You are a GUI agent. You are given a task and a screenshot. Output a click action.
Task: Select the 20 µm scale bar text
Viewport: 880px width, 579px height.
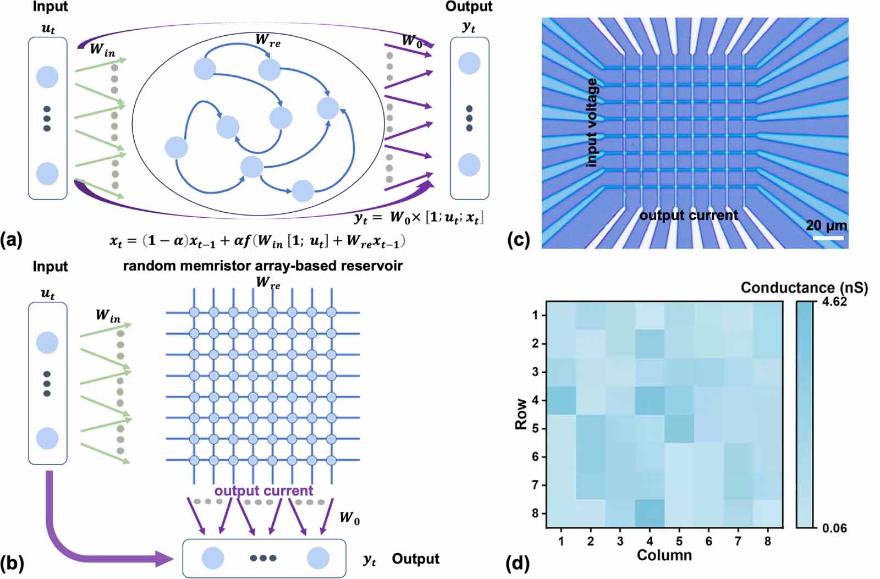pos(826,225)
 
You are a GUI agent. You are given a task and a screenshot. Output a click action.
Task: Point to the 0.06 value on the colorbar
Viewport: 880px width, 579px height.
pos(834,528)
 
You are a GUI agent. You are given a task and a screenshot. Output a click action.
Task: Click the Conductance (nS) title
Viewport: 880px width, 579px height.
pos(804,288)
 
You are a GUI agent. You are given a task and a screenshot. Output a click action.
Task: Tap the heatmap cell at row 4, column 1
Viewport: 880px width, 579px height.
pos(561,400)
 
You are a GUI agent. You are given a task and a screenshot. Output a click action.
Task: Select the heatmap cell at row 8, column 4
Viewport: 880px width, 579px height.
pos(650,514)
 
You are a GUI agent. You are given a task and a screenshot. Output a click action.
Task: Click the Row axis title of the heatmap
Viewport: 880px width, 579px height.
pos(521,414)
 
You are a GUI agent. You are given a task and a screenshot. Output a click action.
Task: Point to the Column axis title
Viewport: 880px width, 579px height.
pos(664,555)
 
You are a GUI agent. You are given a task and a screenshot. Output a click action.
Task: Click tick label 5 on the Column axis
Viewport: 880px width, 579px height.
pos(679,542)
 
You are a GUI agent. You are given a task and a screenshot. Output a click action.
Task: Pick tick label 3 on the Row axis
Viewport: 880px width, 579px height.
pos(536,372)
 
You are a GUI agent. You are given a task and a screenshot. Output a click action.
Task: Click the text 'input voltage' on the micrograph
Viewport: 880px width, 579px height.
pos(592,122)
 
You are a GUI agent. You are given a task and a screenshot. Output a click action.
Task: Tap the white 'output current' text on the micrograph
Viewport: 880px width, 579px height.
pos(689,216)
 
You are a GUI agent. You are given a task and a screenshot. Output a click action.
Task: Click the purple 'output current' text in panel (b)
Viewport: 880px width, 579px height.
pos(263,490)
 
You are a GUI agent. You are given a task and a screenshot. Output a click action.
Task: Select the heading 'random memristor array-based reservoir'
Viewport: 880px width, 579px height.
pos(262,266)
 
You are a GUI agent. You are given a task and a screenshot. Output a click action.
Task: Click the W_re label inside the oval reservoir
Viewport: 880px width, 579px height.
pos(268,40)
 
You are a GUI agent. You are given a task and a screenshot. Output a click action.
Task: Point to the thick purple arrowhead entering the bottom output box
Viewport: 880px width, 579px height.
pos(164,559)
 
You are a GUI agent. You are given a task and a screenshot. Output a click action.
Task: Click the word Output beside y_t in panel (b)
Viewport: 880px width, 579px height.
pos(415,559)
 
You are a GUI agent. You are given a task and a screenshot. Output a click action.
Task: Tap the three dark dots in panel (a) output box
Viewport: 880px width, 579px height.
pos(469,118)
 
